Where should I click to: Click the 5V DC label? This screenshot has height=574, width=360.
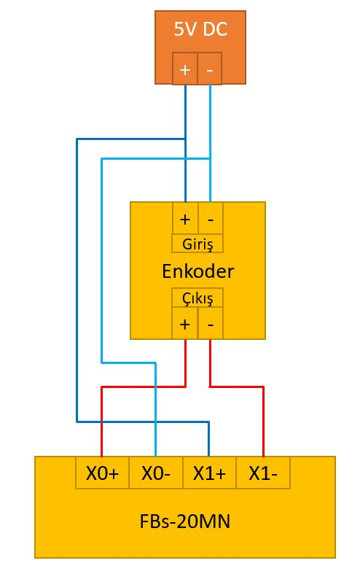click(x=200, y=29)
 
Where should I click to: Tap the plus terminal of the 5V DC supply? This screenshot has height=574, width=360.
click(x=185, y=69)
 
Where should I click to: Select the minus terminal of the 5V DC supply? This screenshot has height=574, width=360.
click(x=210, y=69)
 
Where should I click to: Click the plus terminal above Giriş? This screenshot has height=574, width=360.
click(x=185, y=219)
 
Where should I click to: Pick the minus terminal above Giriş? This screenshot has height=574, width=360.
click(x=211, y=219)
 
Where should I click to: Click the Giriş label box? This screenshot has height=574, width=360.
click(x=197, y=244)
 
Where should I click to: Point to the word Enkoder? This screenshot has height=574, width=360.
click(x=197, y=271)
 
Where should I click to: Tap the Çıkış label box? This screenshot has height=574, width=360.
click(x=197, y=298)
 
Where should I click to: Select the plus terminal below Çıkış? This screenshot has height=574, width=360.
click(x=185, y=323)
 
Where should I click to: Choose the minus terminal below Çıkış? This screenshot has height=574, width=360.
click(x=211, y=323)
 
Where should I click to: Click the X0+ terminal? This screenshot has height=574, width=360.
click(x=102, y=473)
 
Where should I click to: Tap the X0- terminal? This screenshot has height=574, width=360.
click(x=156, y=473)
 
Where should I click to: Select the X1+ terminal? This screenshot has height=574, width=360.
click(x=209, y=473)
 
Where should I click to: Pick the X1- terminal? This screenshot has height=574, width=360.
click(x=263, y=473)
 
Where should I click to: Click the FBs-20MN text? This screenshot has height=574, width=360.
click(x=185, y=521)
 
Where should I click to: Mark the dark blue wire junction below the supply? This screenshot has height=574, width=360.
click(x=186, y=139)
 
